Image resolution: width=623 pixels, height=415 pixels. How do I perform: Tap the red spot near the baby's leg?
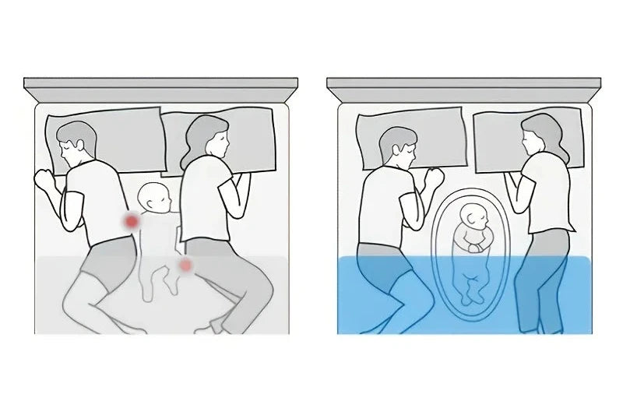pos(185,266)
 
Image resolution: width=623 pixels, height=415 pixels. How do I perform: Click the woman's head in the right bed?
pos(539,135)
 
